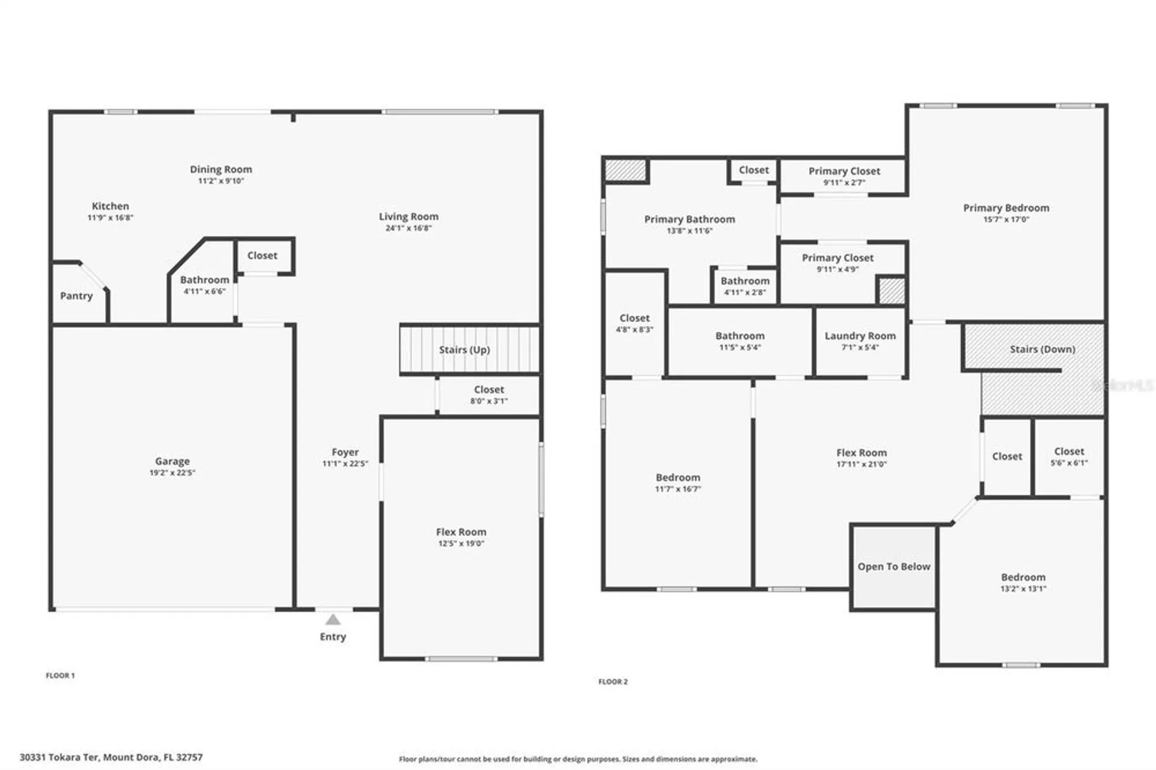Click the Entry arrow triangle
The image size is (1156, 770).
pyautogui.click(x=332, y=620)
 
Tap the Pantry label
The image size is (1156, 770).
pyautogui.click(x=76, y=296)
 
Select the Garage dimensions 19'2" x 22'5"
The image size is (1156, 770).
pyautogui.click(x=172, y=473)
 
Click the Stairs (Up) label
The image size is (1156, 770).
pyautogui.click(x=464, y=350)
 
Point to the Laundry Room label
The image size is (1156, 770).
pyautogui.click(x=860, y=336)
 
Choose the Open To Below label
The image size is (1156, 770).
pyautogui.click(x=894, y=567)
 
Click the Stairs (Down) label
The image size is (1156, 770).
pyautogui.click(x=1042, y=349)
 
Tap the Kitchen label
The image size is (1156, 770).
pyautogui.click(x=110, y=206)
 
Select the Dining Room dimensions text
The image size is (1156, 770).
pyautogui.click(x=221, y=181)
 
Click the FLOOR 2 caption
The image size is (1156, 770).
pyautogui.click(x=613, y=682)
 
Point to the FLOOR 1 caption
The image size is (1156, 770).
pyautogui.click(x=60, y=675)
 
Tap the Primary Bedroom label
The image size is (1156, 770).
pyautogui.click(x=1006, y=208)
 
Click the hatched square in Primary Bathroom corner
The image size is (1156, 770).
pyautogui.click(x=625, y=171)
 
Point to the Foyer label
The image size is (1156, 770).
pyautogui.click(x=345, y=452)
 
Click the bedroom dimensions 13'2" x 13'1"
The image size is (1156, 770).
pyautogui.click(x=1023, y=589)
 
